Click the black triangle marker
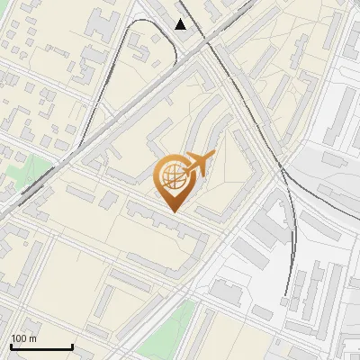pos(181,24)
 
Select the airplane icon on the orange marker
pos(197,163)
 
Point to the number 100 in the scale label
pos(19,338)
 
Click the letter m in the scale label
pos(32,338)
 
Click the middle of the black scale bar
pos(41,346)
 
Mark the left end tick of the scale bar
pos(11,346)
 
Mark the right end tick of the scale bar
pos(72,346)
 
